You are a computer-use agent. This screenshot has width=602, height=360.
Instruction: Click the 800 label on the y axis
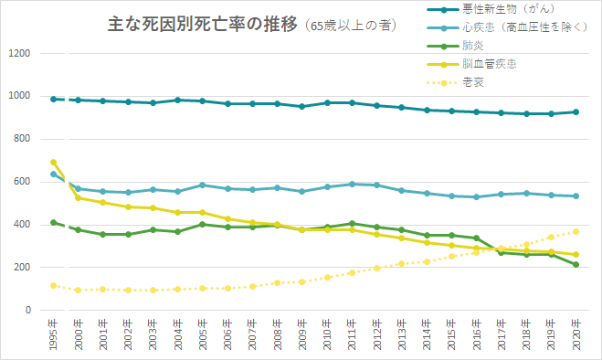pyautogui.click(x=23, y=140)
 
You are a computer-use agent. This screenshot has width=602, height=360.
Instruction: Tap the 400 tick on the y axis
pyautogui.click(x=23, y=225)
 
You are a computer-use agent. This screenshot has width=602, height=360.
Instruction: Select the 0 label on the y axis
pyautogui.click(x=29, y=311)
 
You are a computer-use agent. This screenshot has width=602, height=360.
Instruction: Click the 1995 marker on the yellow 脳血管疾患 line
pyautogui.click(x=54, y=163)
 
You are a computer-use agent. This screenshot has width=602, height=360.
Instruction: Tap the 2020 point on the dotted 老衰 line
pyautogui.click(x=575, y=231)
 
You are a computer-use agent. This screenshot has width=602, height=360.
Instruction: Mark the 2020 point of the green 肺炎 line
pyautogui.click(x=575, y=265)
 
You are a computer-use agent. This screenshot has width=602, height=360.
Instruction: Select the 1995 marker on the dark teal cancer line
pyautogui.click(x=54, y=99)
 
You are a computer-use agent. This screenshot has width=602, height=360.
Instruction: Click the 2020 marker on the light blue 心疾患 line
pyautogui.click(x=575, y=196)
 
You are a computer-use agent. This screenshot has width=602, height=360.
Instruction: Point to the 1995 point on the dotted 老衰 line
pyautogui.click(x=54, y=285)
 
